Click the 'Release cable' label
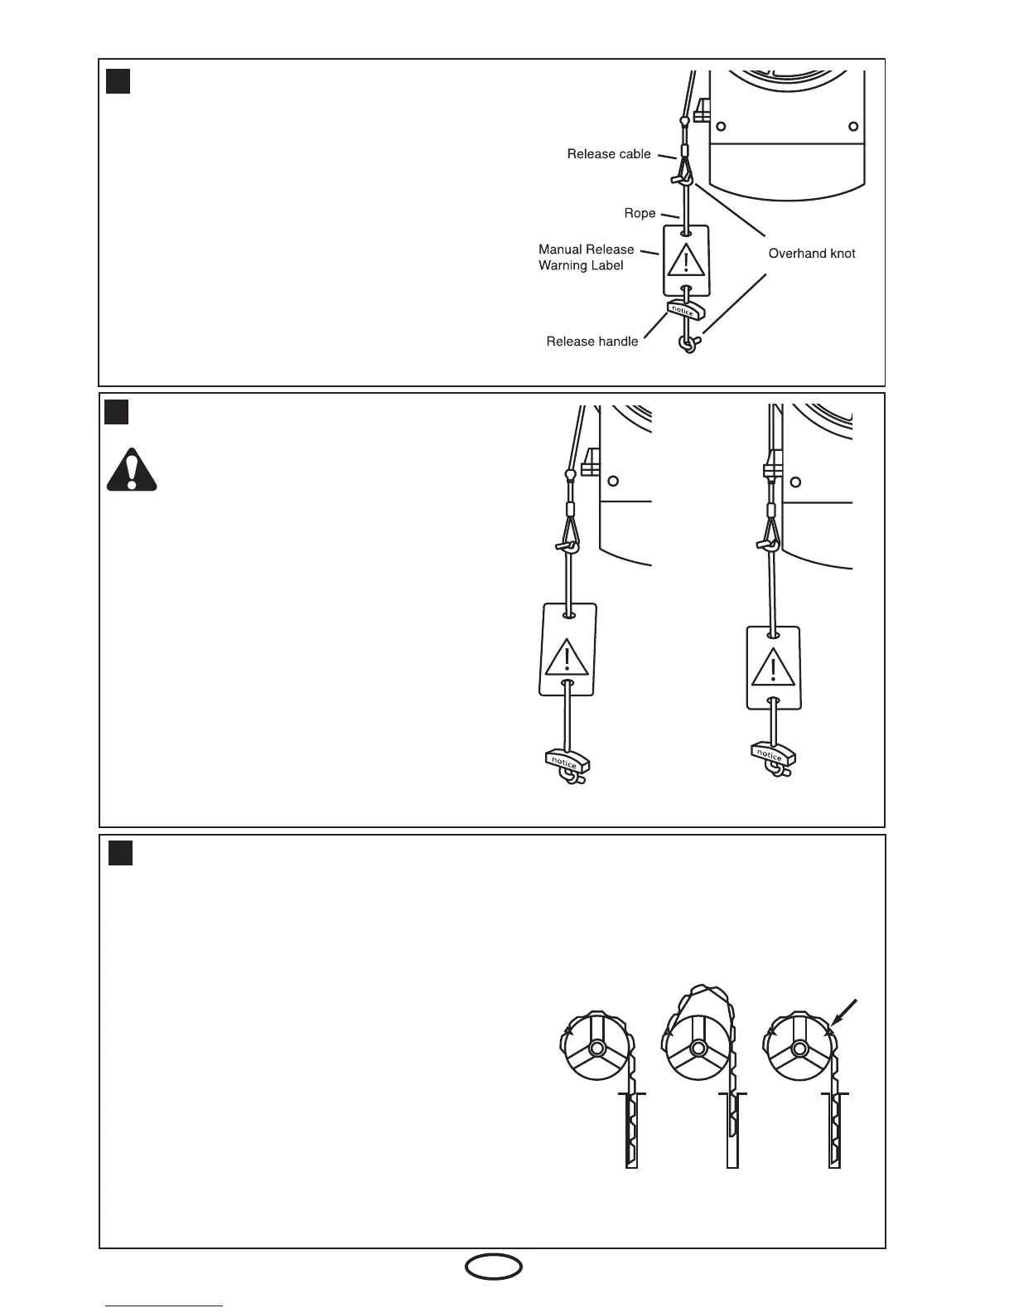pyautogui.click(x=609, y=154)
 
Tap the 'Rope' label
pyautogui.click(x=640, y=214)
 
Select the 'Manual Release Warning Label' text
pyautogui.click(x=586, y=257)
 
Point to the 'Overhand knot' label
pyautogui.click(x=811, y=254)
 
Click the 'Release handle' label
pyautogui.click(x=591, y=342)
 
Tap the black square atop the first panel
pyautogui.click(x=118, y=81)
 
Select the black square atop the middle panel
pyautogui.click(x=117, y=412)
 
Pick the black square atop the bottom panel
pyautogui.click(x=121, y=853)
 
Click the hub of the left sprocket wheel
pyautogui.click(x=596, y=1049)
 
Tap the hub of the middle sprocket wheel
pyautogui.click(x=698, y=1049)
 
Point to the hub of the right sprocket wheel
pyautogui.click(x=799, y=1049)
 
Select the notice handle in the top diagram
pyautogui.click(x=684, y=311)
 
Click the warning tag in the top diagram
pyautogui.click(x=686, y=259)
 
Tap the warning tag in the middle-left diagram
pyautogui.click(x=567, y=649)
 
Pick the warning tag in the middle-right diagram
pyautogui.click(x=773, y=668)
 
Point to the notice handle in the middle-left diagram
pyautogui.click(x=567, y=760)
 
